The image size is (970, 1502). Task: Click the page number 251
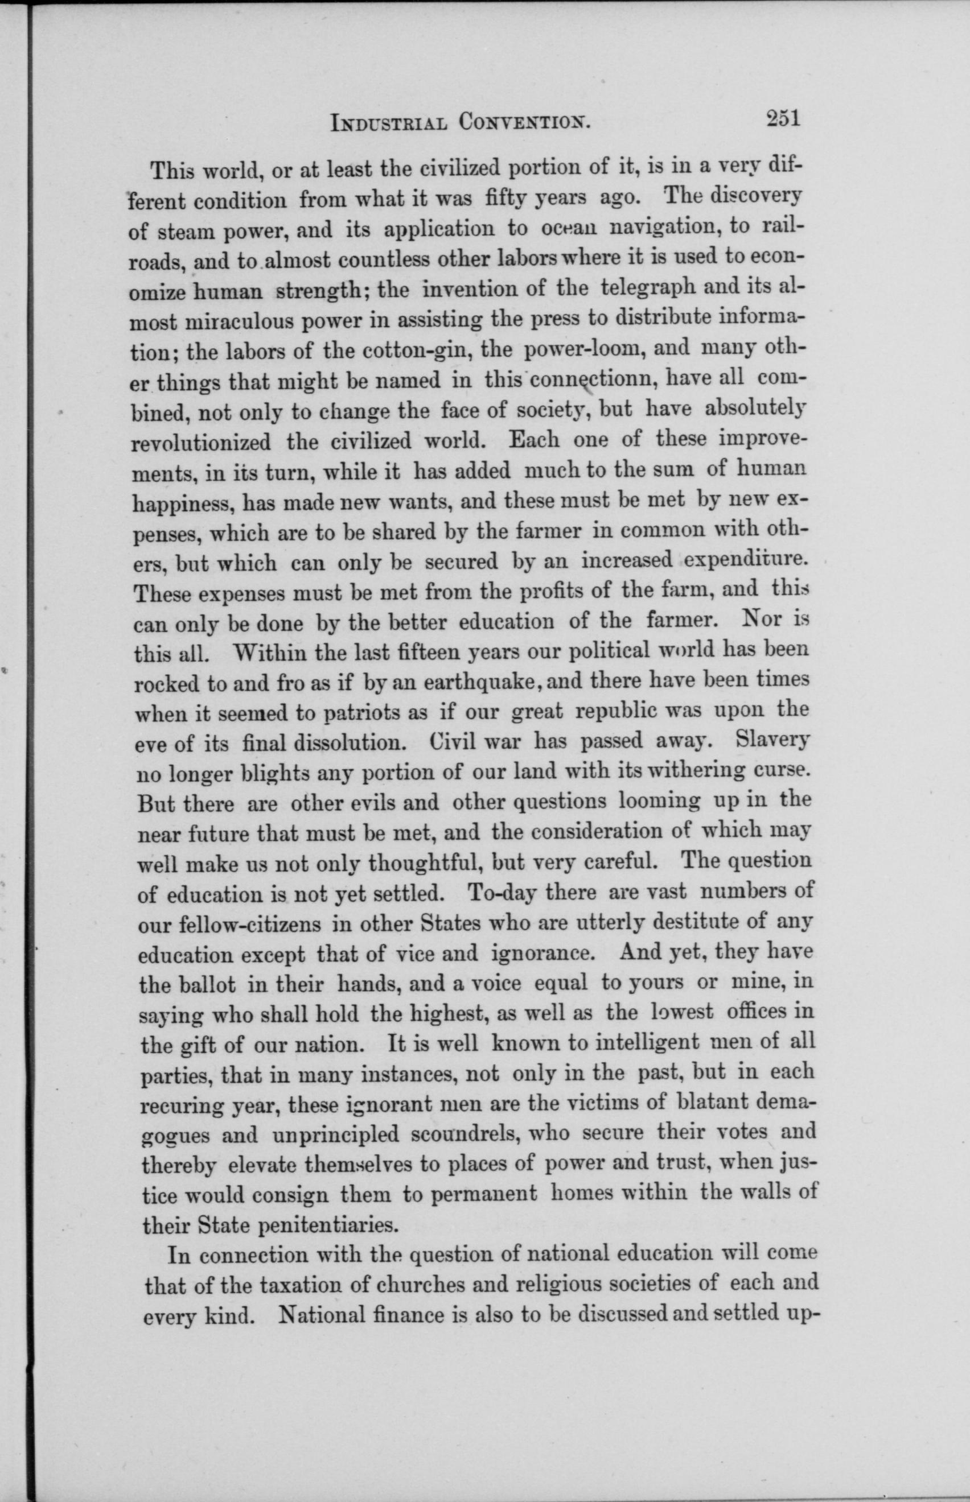pyautogui.click(x=782, y=119)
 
